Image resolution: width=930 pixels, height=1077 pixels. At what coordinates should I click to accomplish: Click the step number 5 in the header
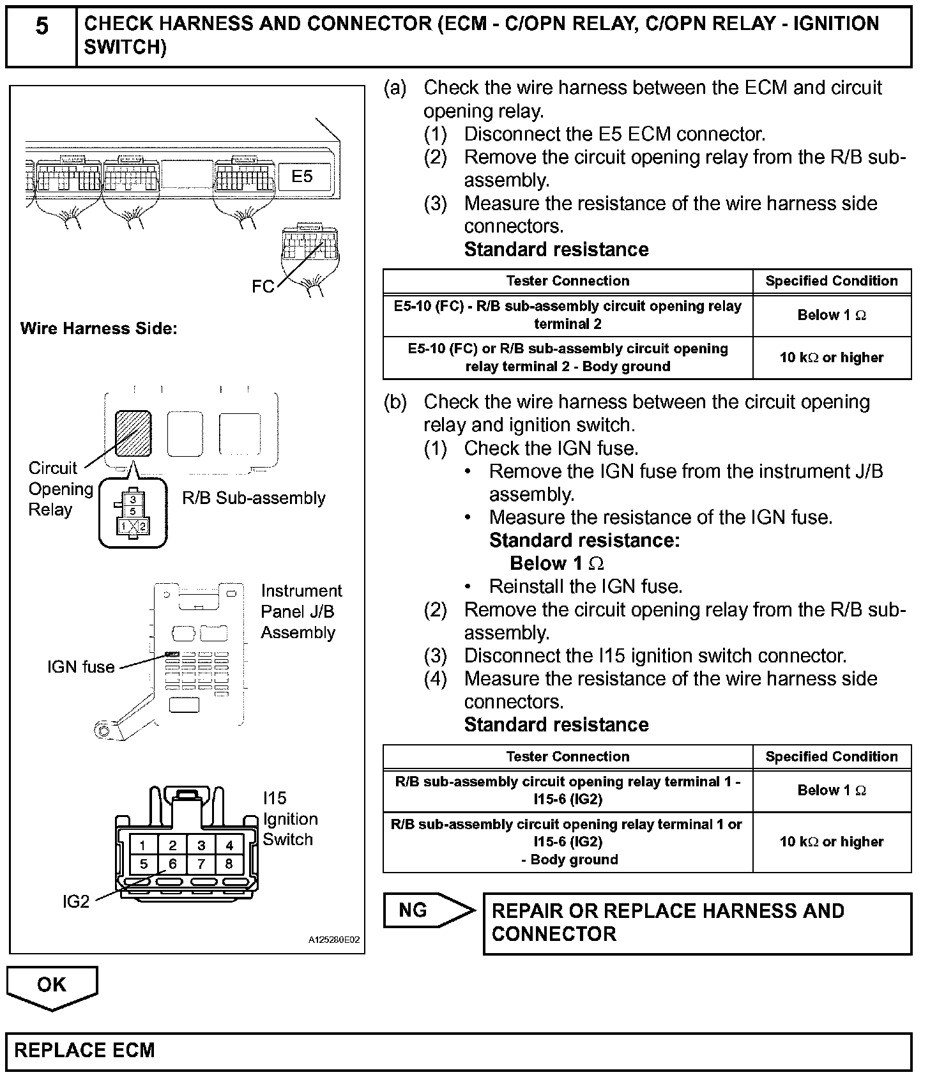(x=42, y=27)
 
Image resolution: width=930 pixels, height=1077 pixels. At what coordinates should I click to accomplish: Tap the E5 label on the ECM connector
(x=302, y=176)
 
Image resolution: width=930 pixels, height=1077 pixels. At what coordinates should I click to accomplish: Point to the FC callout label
(x=263, y=287)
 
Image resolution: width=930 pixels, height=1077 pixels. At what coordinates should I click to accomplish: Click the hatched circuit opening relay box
(x=133, y=433)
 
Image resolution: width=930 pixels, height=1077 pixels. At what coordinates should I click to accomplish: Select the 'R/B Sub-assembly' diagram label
(x=254, y=498)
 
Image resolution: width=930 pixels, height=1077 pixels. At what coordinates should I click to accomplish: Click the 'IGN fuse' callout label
(x=81, y=667)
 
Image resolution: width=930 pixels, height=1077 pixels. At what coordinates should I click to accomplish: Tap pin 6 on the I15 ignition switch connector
(x=172, y=864)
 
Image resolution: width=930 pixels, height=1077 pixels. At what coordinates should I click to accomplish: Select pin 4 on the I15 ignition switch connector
(x=229, y=845)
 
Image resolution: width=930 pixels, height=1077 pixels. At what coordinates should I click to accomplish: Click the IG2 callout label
(x=76, y=901)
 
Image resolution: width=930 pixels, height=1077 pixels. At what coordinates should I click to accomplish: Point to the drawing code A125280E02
(x=334, y=940)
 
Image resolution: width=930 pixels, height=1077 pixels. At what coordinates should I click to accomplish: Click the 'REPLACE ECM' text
(x=84, y=1050)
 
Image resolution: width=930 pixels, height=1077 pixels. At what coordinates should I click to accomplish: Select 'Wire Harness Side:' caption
(x=98, y=328)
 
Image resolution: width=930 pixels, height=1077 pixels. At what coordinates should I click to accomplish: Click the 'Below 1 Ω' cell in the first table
(x=832, y=315)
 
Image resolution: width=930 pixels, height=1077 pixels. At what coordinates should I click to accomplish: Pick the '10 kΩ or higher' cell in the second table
(x=832, y=842)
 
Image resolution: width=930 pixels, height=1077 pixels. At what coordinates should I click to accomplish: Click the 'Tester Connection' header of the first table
(x=568, y=281)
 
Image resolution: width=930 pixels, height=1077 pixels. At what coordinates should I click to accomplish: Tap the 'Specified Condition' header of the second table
(x=832, y=757)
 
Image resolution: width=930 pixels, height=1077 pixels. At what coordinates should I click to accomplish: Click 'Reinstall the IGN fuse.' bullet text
(x=586, y=586)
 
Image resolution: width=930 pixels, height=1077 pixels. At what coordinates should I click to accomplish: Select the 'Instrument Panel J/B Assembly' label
(x=301, y=611)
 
